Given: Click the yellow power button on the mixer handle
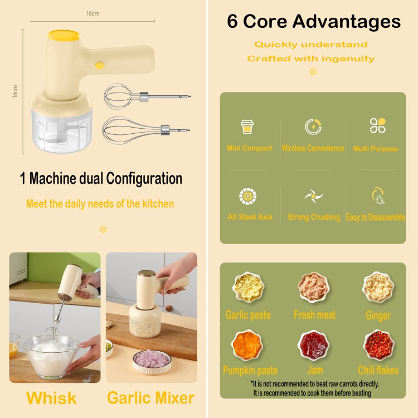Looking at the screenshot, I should coord(99,65).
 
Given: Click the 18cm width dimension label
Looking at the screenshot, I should coord(93,13).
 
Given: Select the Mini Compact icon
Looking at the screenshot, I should coord(247,127).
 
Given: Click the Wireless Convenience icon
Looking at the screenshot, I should coord(313,127).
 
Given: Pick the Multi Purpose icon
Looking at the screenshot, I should coord(377,125).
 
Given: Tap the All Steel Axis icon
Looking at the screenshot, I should coord(248,196).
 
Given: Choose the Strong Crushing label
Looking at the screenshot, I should coord(313,217).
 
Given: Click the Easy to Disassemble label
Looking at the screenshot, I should coord(376,217).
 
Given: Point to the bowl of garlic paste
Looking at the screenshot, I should coord(248,287).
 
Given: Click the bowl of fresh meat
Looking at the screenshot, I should coord(314,287).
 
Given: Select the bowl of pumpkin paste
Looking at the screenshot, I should coord(247,345).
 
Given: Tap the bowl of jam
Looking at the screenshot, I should coord(314,345).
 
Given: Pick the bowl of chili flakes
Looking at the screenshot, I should coord(378,345).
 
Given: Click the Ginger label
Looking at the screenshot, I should coord(378,315).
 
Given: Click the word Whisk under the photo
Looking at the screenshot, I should coord(52,398).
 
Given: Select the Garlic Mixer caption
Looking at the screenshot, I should coord(150,398).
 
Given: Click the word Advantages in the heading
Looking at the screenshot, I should coord(347,21).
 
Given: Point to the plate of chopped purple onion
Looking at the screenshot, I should coord(151,359).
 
